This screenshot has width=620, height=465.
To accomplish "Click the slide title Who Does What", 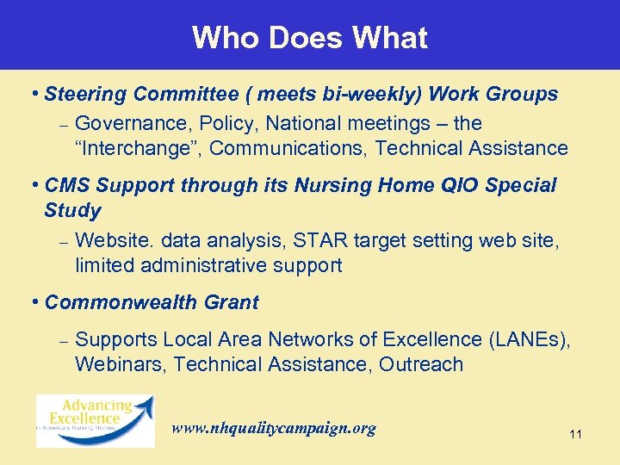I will point(309,37).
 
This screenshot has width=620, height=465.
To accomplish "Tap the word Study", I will point(72,210).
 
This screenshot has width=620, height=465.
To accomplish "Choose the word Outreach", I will point(422,364).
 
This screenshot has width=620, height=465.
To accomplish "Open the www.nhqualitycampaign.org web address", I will point(274,428).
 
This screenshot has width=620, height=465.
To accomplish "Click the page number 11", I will point(575,435).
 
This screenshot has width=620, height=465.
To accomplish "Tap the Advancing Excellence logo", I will point(95,419).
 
